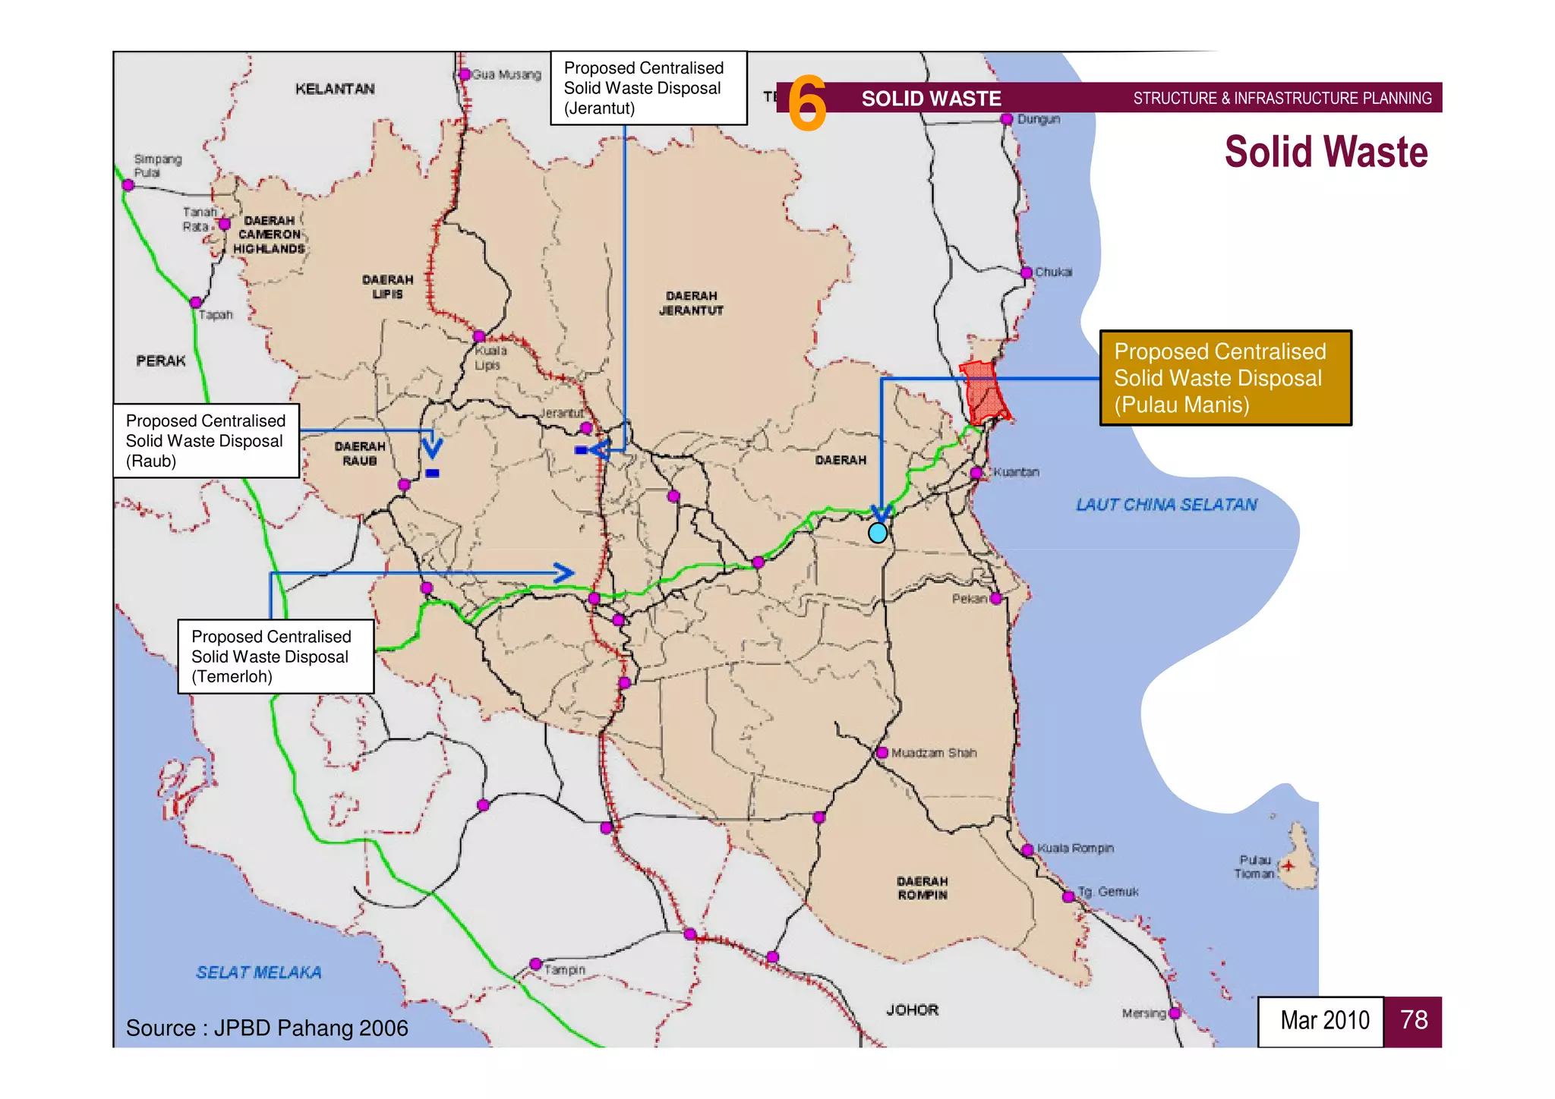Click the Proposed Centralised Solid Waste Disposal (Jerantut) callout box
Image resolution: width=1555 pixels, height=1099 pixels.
tap(648, 88)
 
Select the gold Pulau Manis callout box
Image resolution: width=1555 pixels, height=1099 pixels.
tap(1225, 378)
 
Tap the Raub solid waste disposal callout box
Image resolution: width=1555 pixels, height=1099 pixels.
tap(206, 441)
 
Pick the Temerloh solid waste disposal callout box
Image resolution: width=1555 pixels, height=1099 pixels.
tap(276, 657)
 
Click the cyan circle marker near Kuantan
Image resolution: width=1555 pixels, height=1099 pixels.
tap(878, 533)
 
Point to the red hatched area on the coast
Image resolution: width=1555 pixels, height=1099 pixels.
tap(984, 392)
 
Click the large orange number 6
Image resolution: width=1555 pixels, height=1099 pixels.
tap(806, 103)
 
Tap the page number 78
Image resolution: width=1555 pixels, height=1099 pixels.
tap(1413, 1021)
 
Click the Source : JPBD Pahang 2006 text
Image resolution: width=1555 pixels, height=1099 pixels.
tap(267, 1028)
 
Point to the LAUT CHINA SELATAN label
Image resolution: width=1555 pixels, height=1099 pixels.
tap(1166, 505)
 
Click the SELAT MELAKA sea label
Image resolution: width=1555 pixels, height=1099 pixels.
tap(259, 972)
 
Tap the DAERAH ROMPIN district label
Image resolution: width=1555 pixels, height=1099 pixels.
tap(922, 888)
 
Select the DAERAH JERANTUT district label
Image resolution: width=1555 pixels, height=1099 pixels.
tap(691, 303)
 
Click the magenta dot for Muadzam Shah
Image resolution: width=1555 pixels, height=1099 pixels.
tap(882, 753)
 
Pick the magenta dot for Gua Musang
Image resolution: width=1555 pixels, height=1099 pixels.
tap(465, 74)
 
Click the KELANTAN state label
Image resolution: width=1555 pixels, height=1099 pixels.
tap(335, 89)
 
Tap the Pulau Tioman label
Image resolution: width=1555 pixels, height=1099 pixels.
tap(1254, 867)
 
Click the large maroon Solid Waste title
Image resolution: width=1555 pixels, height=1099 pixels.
tap(1326, 152)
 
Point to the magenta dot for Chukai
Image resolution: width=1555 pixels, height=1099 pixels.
tap(1027, 272)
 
